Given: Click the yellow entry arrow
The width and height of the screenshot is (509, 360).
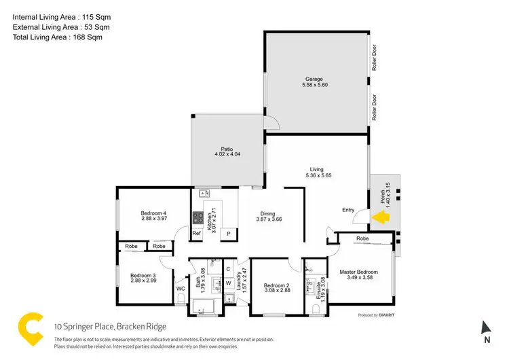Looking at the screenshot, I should pyautogui.click(x=381, y=217).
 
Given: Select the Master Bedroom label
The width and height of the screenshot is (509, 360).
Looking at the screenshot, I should pyautogui.click(x=358, y=272).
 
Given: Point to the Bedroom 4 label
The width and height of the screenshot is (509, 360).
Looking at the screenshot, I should pyautogui.click(x=154, y=213).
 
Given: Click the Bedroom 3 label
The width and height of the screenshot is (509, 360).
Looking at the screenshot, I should pyautogui.click(x=143, y=275).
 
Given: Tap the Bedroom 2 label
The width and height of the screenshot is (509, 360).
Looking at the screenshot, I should pyautogui.click(x=276, y=285).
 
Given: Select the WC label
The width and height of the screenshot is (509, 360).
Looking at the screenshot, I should pyautogui.click(x=181, y=289).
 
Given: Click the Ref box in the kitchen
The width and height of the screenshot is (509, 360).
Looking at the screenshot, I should pyautogui.click(x=196, y=234).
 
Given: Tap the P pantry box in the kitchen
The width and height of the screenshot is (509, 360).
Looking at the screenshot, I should pyautogui.click(x=229, y=234).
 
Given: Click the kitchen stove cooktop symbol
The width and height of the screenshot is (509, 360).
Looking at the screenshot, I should pyautogui.click(x=199, y=218).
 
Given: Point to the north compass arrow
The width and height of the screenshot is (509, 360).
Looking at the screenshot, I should pyautogui.click(x=486, y=327).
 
